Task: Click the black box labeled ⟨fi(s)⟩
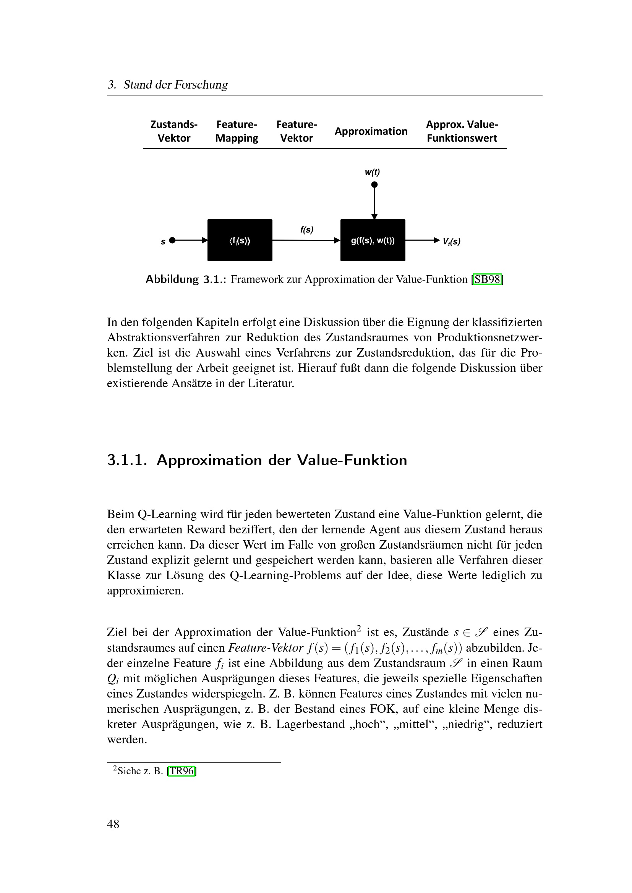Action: (240, 240)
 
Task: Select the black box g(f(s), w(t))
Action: (373, 240)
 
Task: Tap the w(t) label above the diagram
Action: (373, 172)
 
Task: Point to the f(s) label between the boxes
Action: (307, 230)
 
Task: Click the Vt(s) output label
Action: (451, 242)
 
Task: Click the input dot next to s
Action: (172, 241)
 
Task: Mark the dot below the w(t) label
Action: (374, 185)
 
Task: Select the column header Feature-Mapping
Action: (237, 131)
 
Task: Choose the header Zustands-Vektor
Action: (174, 131)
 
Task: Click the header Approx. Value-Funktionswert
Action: (462, 131)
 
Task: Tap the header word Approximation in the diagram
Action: (371, 131)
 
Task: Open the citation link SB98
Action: (487, 279)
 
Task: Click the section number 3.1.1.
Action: (127, 460)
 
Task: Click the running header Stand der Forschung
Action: (175, 85)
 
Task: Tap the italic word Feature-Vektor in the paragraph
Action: (266, 648)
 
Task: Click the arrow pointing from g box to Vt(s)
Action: (423, 241)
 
